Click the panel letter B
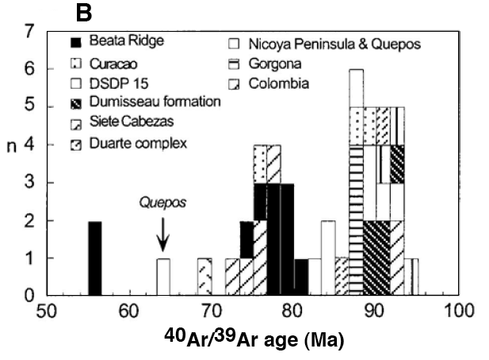click(x=83, y=12)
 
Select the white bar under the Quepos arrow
click(x=163, y=277)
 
